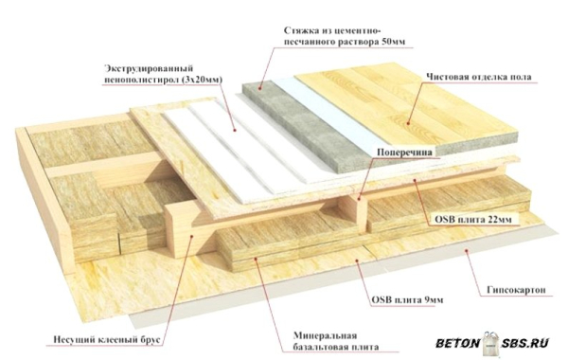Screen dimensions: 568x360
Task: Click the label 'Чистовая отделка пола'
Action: click(478, 77)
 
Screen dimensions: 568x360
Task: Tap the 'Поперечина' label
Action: click(404, 153)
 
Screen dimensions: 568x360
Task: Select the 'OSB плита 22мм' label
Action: click(473, 220)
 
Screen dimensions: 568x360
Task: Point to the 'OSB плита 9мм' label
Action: click(407, 300)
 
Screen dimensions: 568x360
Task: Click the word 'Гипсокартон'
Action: click(516, 290)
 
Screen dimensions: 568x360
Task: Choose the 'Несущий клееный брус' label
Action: click(106, 340)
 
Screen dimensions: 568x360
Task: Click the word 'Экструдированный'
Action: click(149, 68)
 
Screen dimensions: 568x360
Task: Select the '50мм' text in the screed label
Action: click(394, 42)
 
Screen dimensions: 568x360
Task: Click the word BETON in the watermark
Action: click(457, 343)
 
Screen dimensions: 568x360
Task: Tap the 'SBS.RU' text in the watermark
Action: click(525, 343)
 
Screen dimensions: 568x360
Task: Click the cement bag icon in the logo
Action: click(490, 343)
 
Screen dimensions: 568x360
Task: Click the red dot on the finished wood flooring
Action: click(408, 123)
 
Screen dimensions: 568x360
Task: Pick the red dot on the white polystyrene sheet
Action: click(235, 130)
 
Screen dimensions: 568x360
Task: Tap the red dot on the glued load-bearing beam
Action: click(192, 236)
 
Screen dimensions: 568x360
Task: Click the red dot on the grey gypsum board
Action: click(467, 250)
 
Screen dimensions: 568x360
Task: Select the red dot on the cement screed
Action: click(260, 88)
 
